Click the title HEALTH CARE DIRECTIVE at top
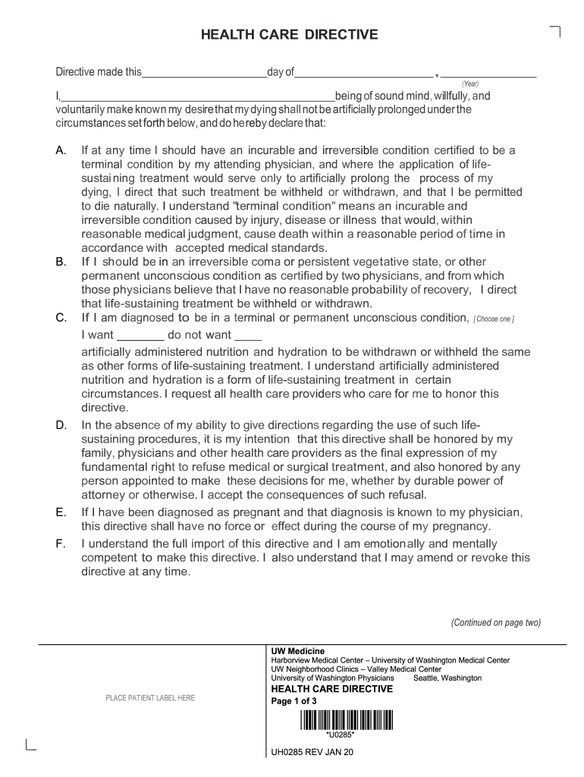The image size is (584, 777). [288, 35]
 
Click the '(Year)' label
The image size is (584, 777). [470, 83]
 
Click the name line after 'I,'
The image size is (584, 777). [197, 96]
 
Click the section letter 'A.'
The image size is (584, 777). [62, 151]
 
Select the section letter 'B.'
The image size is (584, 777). [62, 262]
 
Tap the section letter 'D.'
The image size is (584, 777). [62, 425]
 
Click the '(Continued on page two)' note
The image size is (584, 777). [496, 623]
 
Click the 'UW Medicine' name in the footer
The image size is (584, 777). [298, 651]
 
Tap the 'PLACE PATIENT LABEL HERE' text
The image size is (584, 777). [150, 698]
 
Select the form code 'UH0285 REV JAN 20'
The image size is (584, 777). [312, 753]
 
